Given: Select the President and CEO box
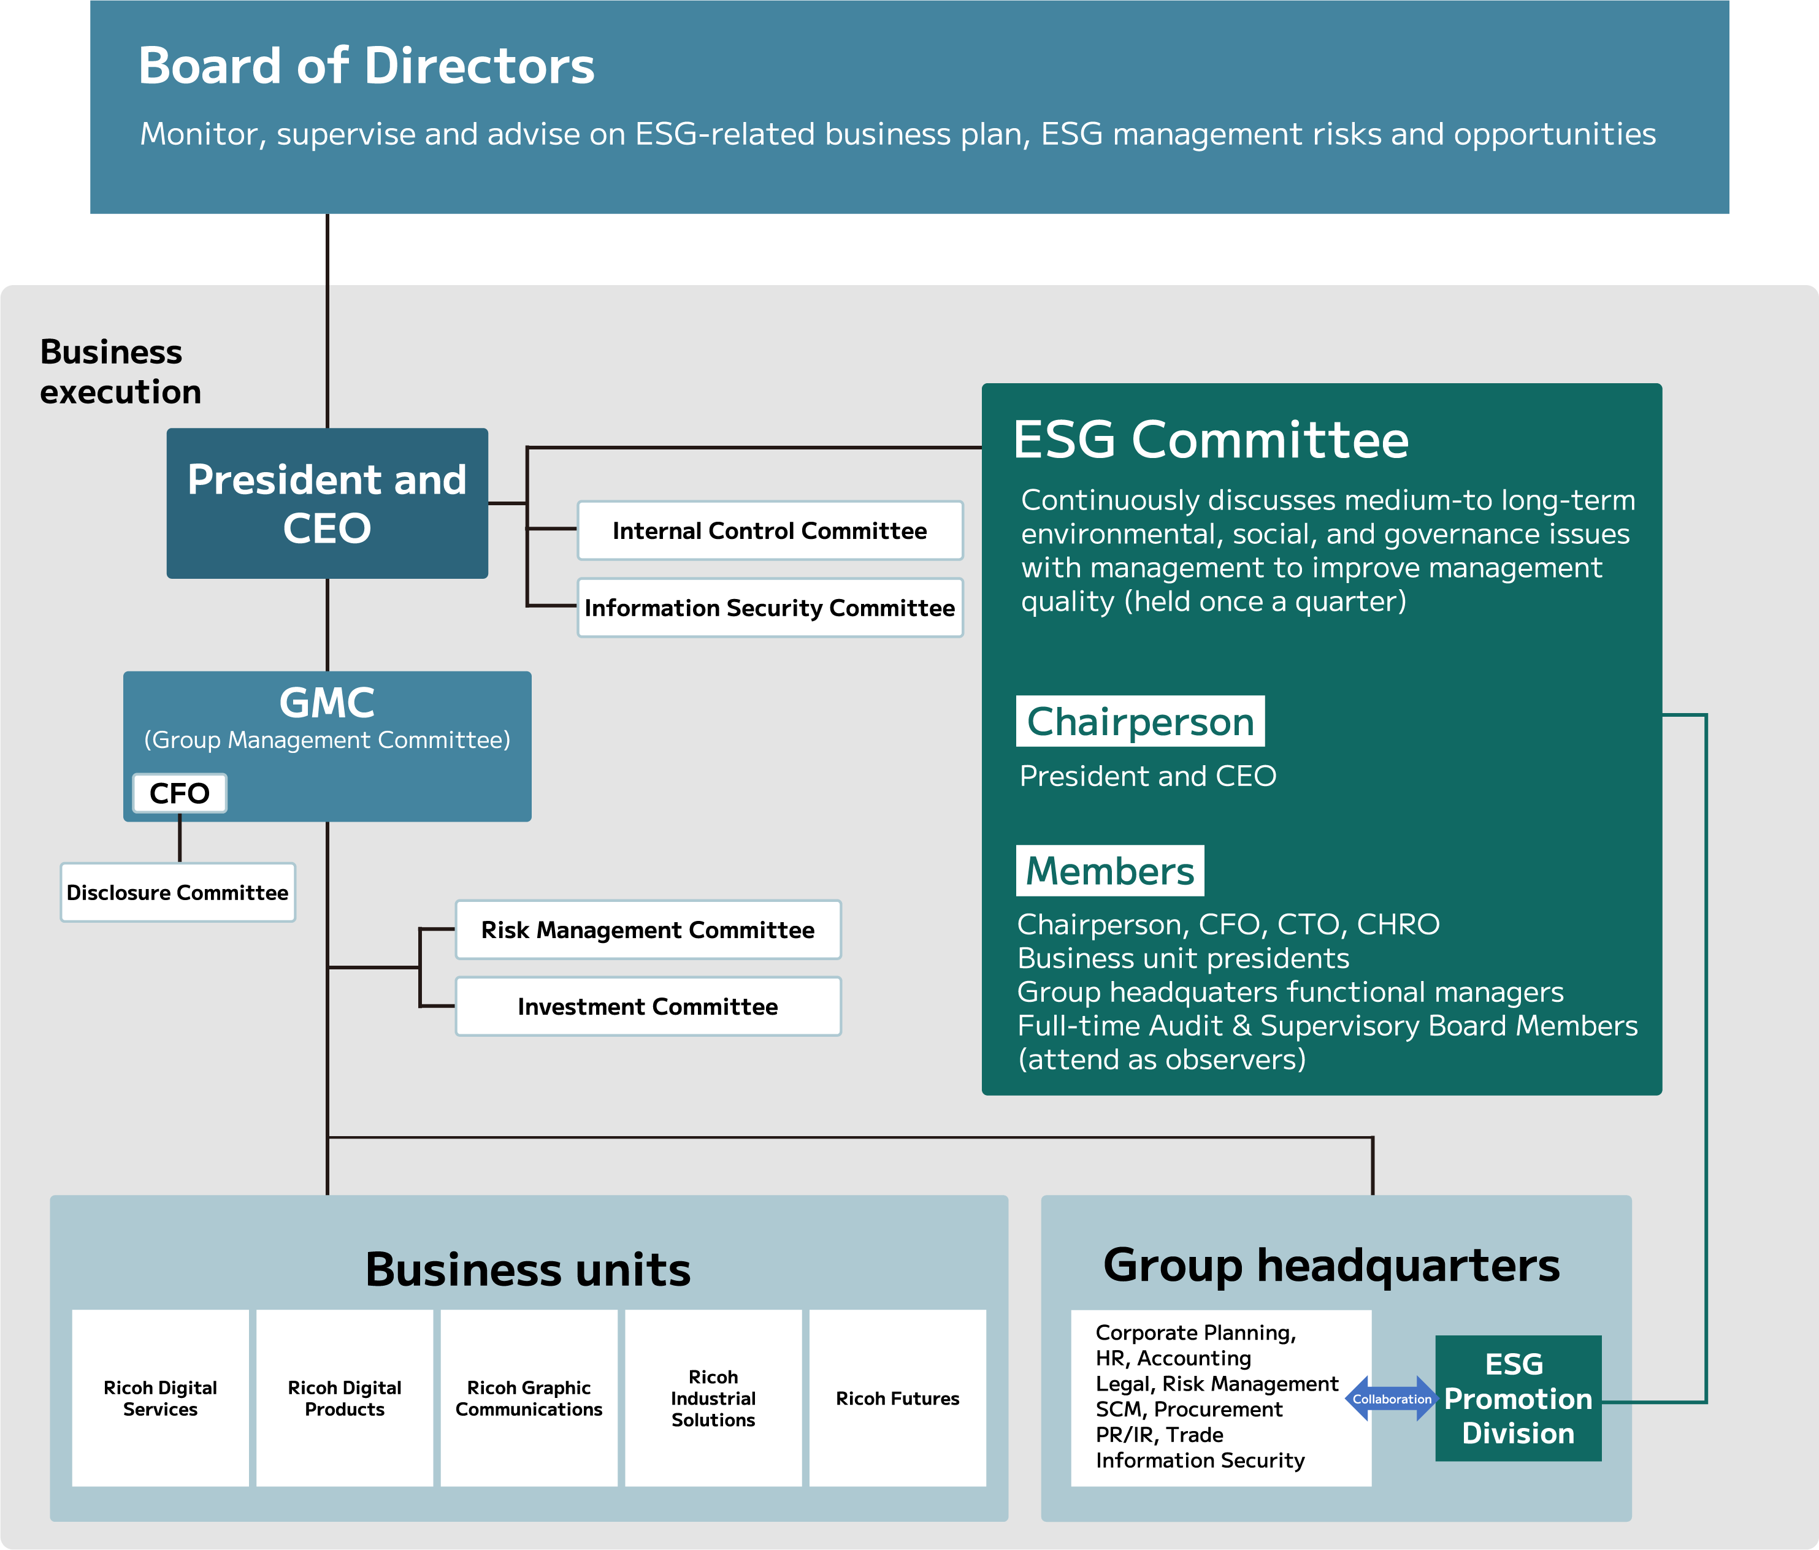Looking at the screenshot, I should coord(327,503).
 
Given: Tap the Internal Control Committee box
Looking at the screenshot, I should coord(769,530).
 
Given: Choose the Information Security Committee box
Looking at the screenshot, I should coord(769,608).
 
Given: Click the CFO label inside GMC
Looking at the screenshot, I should coord(179,793).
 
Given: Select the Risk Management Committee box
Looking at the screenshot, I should coord(647,930).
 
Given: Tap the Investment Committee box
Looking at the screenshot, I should coord(647,1006).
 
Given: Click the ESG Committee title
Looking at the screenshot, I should coord(1210,439).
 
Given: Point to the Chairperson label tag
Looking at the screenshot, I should coord(1139,722).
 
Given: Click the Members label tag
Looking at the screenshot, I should coord(1109,871).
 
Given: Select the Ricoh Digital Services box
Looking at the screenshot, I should coord(160,1397).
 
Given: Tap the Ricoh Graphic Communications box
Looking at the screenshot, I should coord(529,1397).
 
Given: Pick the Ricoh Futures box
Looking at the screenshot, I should coord(897,1397).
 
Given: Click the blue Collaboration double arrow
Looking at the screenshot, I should coord(1392,1399).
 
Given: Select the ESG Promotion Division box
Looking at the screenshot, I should coord(1518,1398).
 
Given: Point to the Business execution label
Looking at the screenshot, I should coord(120,372).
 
